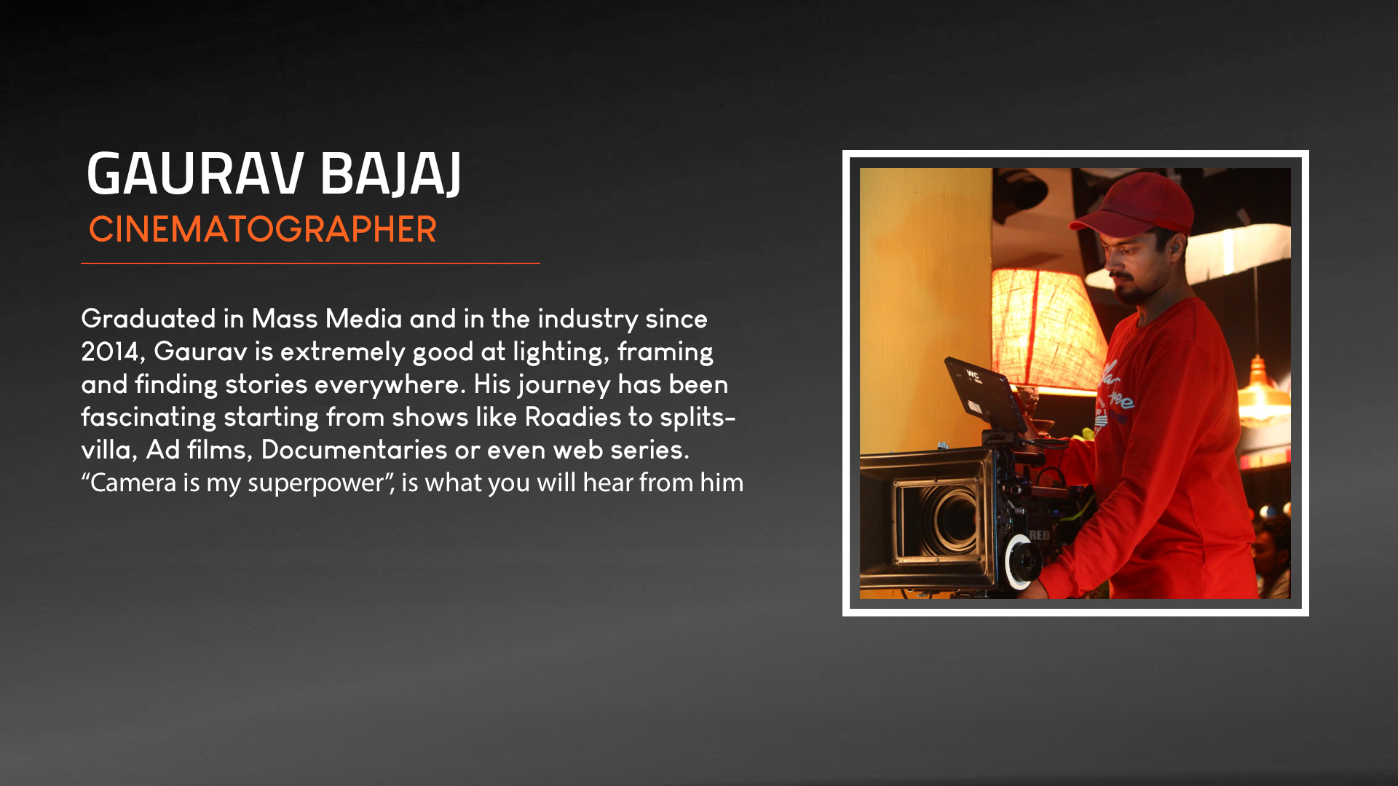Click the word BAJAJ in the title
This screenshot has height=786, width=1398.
point(390,175)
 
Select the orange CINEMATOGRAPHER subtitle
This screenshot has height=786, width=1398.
point(262,229)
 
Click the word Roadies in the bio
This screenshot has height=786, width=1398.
point(573,417)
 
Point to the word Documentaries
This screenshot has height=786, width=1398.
point(354,450)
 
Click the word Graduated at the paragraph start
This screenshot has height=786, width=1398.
point(149,319)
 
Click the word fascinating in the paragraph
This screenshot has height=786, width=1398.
point(149,417)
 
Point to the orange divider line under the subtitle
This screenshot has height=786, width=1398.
point(310,263)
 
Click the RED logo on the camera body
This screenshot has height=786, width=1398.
point(1039,536)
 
